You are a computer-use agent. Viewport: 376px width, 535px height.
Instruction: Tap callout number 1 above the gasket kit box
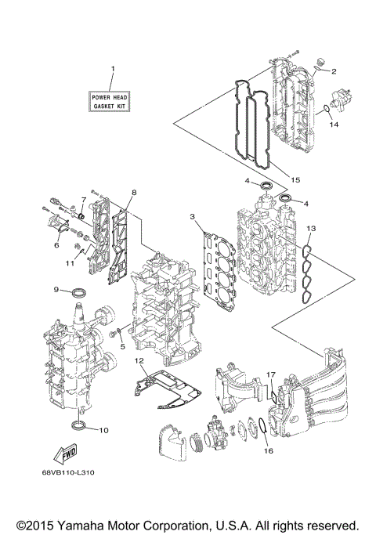pos(112,70)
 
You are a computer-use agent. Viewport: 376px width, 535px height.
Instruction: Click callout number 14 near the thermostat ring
pos(333,125)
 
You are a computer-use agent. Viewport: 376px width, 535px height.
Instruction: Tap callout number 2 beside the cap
pos(334,71)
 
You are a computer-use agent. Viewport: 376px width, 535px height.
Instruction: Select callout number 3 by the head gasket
pos(191,216)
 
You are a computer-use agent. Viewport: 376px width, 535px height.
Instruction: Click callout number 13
pos(311,228)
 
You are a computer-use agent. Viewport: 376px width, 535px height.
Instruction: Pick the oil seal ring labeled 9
pos(78,293)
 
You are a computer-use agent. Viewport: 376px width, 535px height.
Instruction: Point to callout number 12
pos(139,361)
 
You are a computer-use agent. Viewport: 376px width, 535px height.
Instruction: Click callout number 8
pos(134,192)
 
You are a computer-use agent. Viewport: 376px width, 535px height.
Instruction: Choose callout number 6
pos(56,245)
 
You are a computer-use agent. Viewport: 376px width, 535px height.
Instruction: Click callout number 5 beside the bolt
pos(122,346)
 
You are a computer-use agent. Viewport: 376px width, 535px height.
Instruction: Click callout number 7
pos(83,201)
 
